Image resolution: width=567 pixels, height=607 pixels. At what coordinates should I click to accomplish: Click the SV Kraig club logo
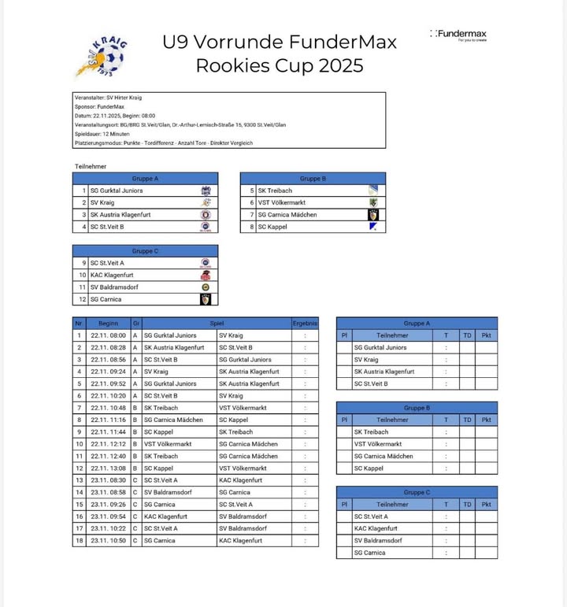(x=102, y=54)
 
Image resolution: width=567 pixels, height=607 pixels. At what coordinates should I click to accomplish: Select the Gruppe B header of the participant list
(x=313, y=179)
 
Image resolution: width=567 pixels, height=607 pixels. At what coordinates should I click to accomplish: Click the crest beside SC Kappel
(x=373, y=227)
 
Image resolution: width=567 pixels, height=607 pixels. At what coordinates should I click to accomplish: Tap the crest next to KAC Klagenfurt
(x=206, y=276)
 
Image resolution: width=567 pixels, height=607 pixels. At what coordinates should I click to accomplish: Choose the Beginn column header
(x=108, y=323)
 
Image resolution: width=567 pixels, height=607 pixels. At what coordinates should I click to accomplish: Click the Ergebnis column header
(x=305, y=323)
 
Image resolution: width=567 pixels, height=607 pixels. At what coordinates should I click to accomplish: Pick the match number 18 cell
(x=78, y=541)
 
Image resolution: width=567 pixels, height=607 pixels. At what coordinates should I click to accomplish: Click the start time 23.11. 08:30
(x=108, y=480)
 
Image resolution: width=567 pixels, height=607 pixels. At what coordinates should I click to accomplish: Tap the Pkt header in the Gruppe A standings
(x=486, y=335)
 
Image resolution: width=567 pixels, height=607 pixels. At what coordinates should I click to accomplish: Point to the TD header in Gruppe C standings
(x=467, y=505)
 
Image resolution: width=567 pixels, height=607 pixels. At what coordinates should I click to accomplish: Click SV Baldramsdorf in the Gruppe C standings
(x=378, y=541)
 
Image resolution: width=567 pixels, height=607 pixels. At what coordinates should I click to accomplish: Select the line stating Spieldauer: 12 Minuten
(x=102, y=134)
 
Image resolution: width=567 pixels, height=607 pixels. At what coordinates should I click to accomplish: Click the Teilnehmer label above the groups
(x=91, y=166)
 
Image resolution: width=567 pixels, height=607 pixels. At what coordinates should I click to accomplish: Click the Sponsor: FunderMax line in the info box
(x=100, y=106)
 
